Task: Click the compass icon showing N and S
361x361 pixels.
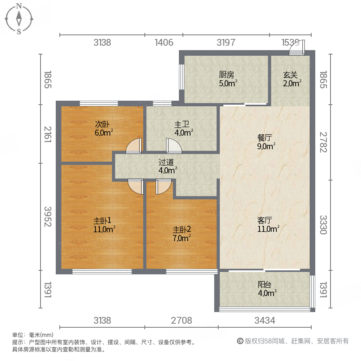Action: point(19,18)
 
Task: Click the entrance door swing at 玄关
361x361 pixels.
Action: point(297,48)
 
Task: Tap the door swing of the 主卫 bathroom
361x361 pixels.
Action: point(174,146)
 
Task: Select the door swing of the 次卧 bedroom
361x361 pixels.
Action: point(134,146)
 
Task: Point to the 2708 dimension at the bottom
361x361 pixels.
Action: point(182,320)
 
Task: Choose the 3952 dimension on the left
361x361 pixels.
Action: point(48,217)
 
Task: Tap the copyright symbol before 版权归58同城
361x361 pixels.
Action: point(240,341)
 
